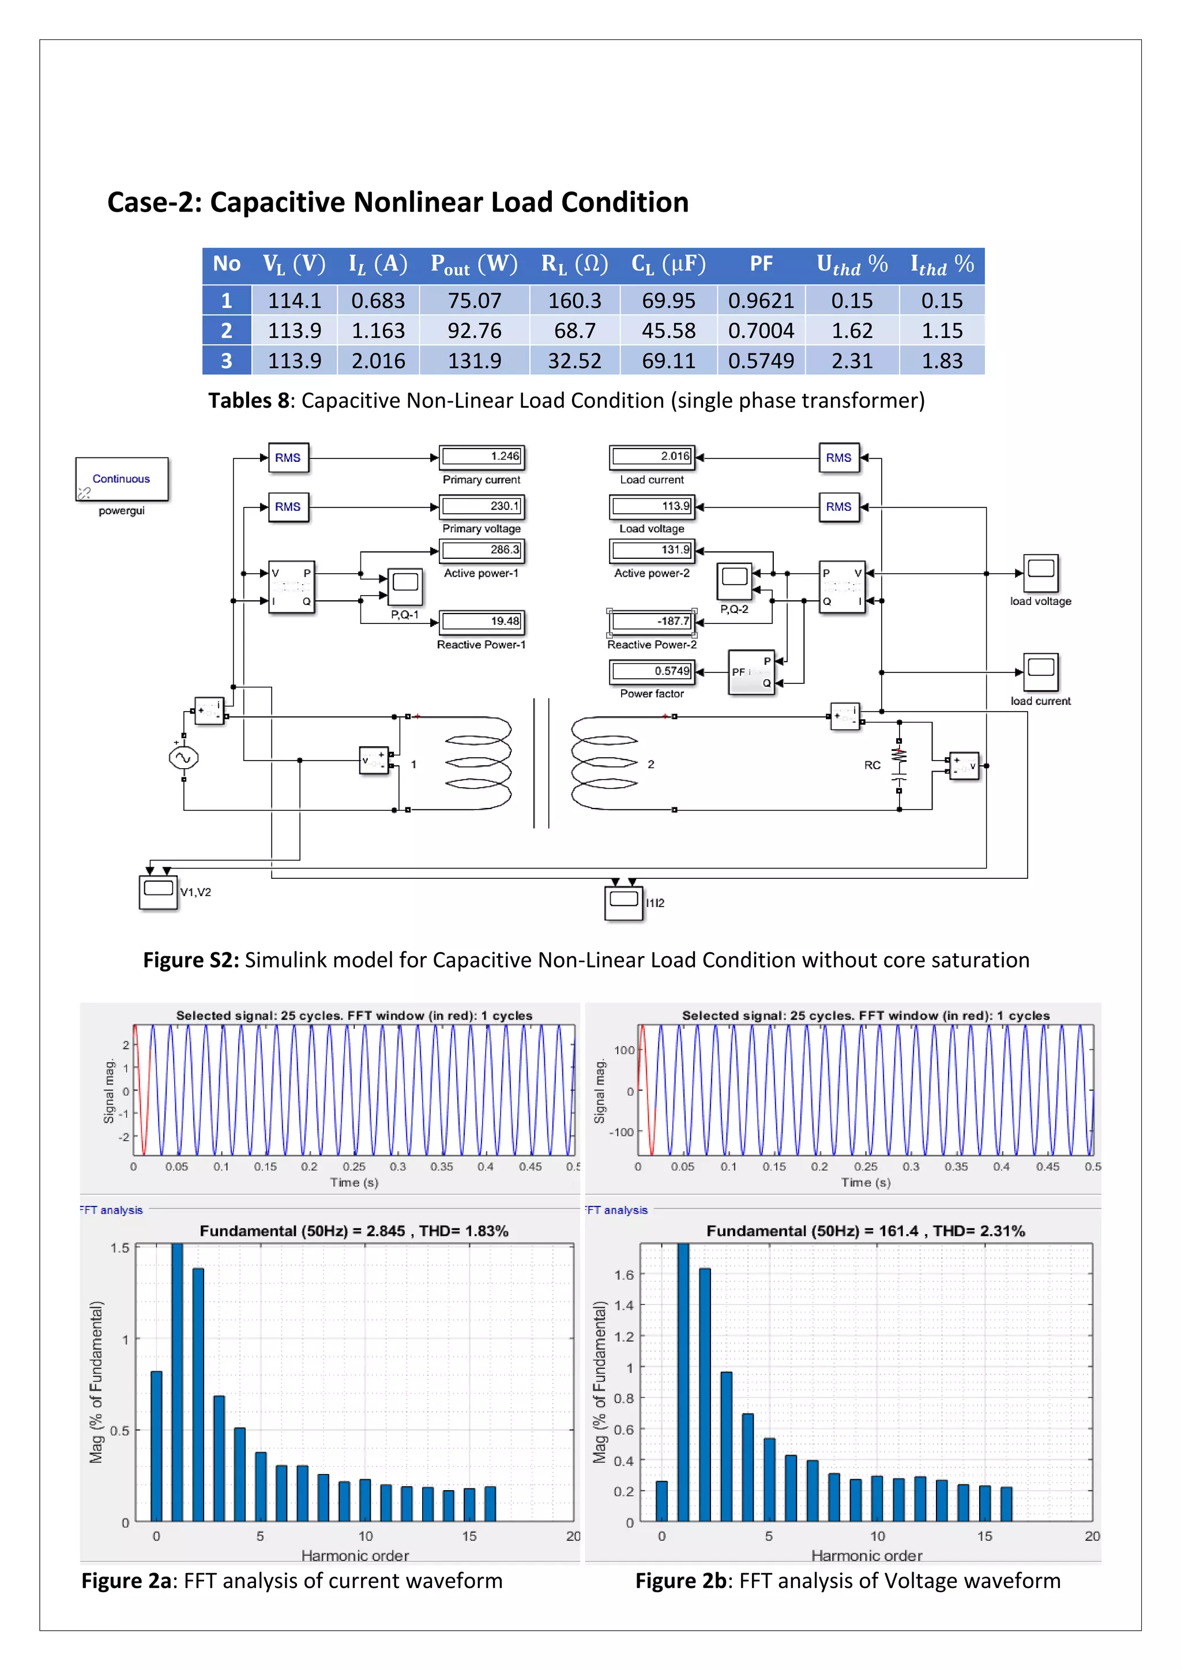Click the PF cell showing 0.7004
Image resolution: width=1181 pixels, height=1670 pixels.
[761, 331]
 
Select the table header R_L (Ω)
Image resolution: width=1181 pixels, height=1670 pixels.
[574, 264]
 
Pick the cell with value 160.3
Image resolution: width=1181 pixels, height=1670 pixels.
[574, 300]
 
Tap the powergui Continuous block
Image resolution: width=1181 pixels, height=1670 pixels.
[122, 479]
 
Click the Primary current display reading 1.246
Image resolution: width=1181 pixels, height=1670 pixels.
[482, 457]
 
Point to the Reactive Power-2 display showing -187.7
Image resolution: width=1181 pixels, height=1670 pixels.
[652, 621]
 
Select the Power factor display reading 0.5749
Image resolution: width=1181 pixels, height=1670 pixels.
[652, 671]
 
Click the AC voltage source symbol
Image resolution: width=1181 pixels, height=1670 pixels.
[183, 758]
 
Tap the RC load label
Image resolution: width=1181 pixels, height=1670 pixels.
[872, 765]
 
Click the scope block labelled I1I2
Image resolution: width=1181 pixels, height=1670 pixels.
[623, 902]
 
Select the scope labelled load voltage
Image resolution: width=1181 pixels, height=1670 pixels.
[1041, 574]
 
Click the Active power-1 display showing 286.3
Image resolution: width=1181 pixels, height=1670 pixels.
[482, 551]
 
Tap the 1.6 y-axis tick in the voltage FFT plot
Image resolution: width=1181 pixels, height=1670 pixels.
[624, 1275]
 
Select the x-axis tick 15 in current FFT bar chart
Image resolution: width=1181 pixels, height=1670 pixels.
[469, 1537]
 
